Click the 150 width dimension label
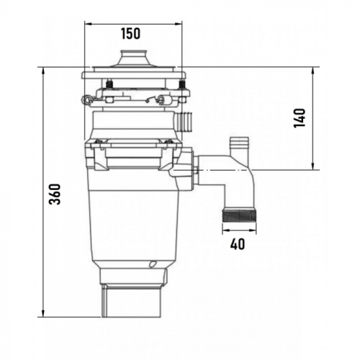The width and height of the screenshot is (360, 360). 130,34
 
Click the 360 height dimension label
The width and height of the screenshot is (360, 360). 55,194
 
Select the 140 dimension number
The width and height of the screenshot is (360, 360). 300,118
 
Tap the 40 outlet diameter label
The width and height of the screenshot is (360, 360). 238,244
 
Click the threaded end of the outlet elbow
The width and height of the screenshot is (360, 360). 239,215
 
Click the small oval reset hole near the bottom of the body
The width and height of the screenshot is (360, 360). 152,264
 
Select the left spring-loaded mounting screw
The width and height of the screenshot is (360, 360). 109,84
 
